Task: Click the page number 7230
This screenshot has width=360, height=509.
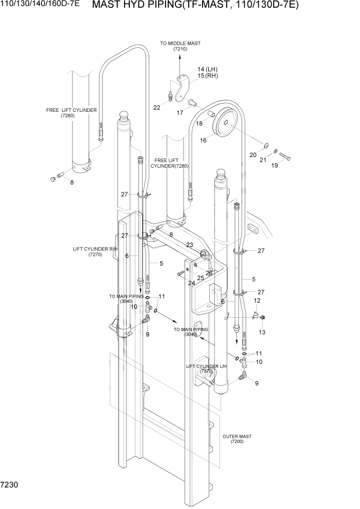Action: click(x=11, y=484)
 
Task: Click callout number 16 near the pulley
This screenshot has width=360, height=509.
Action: click(x=203, y=140)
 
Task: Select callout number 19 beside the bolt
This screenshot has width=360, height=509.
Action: click(x=274, y=166)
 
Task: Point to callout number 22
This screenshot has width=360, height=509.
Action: click(x=157, y=107)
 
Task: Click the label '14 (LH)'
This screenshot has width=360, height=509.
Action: click(x=208, y=69)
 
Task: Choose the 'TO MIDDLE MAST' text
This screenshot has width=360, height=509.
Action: click(x=180, y=44)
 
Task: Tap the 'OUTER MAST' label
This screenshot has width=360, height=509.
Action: click(x=237, y=437)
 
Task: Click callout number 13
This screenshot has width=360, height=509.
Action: click(x=262, y=332)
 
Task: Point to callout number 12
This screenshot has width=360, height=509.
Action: click(x=257, y=300)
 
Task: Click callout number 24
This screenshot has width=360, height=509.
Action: click(x=191, y=283)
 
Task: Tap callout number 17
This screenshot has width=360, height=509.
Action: click(x=180, y=113)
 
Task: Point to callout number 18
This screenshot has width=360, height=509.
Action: click(x=199, y=123)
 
